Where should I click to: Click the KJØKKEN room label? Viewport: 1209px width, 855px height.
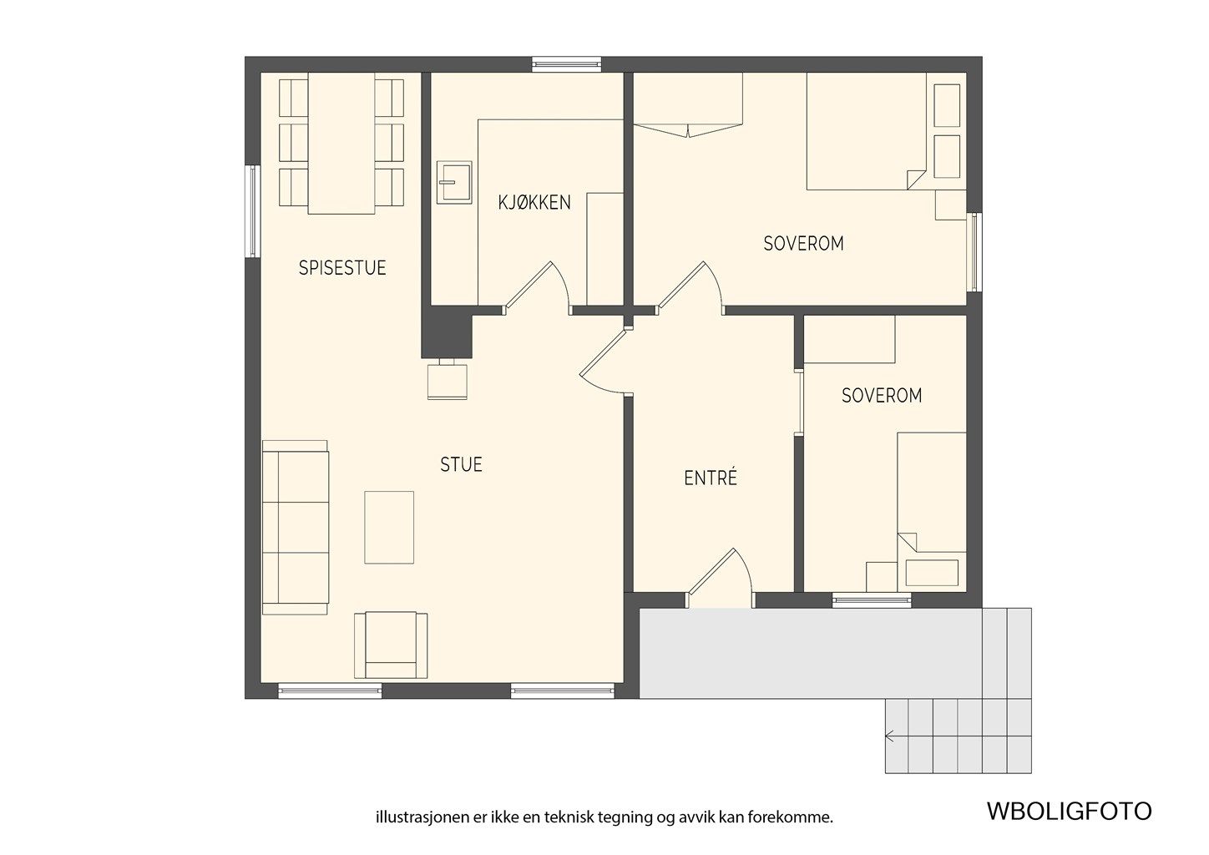[x=534, y=202]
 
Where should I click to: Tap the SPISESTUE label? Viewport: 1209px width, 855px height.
[x=342, y=268]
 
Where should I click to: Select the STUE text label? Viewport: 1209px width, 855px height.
[x=461, y=465]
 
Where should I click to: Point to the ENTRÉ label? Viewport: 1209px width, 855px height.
[x=711, y=477]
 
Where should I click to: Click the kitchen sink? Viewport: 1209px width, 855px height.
[x=454, y=182]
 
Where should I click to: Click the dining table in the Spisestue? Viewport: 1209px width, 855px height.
[x=341, y=143]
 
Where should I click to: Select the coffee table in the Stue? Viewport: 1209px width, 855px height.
[x=389, y=528]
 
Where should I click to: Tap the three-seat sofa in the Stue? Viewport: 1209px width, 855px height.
[x=296, y=528]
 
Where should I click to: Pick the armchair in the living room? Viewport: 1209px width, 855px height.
[x=391, y=645]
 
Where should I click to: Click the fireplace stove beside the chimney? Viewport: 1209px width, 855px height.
[x=448, y=381]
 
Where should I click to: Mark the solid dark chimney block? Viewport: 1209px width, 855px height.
[x=447, y=332]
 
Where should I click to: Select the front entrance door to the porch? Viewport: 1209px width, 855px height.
[x=720, y=578]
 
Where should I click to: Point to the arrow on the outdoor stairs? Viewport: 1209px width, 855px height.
[x=889, y=736]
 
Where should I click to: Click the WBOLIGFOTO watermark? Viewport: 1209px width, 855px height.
[x=1070, y=812]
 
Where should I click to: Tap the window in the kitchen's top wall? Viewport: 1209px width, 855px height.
[x=566, y=64]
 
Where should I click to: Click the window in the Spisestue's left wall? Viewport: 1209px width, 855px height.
[x=253, y=211]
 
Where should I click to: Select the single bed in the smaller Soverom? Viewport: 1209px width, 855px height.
[x=932, y=512]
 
